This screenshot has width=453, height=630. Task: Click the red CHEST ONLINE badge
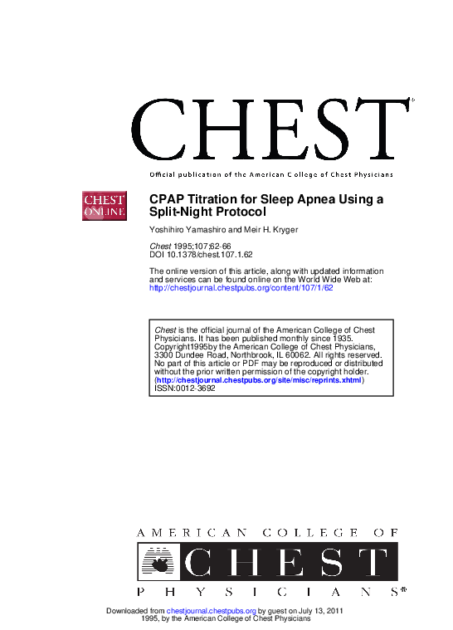[103, 206]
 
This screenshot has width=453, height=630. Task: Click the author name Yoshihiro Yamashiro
[186, 228]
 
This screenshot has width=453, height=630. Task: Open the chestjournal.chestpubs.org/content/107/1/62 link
[241, 288]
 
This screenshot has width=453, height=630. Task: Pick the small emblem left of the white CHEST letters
[158, 562]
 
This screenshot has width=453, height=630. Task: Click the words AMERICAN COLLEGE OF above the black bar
[265, 532]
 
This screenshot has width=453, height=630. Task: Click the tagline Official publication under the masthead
[270, 174]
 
